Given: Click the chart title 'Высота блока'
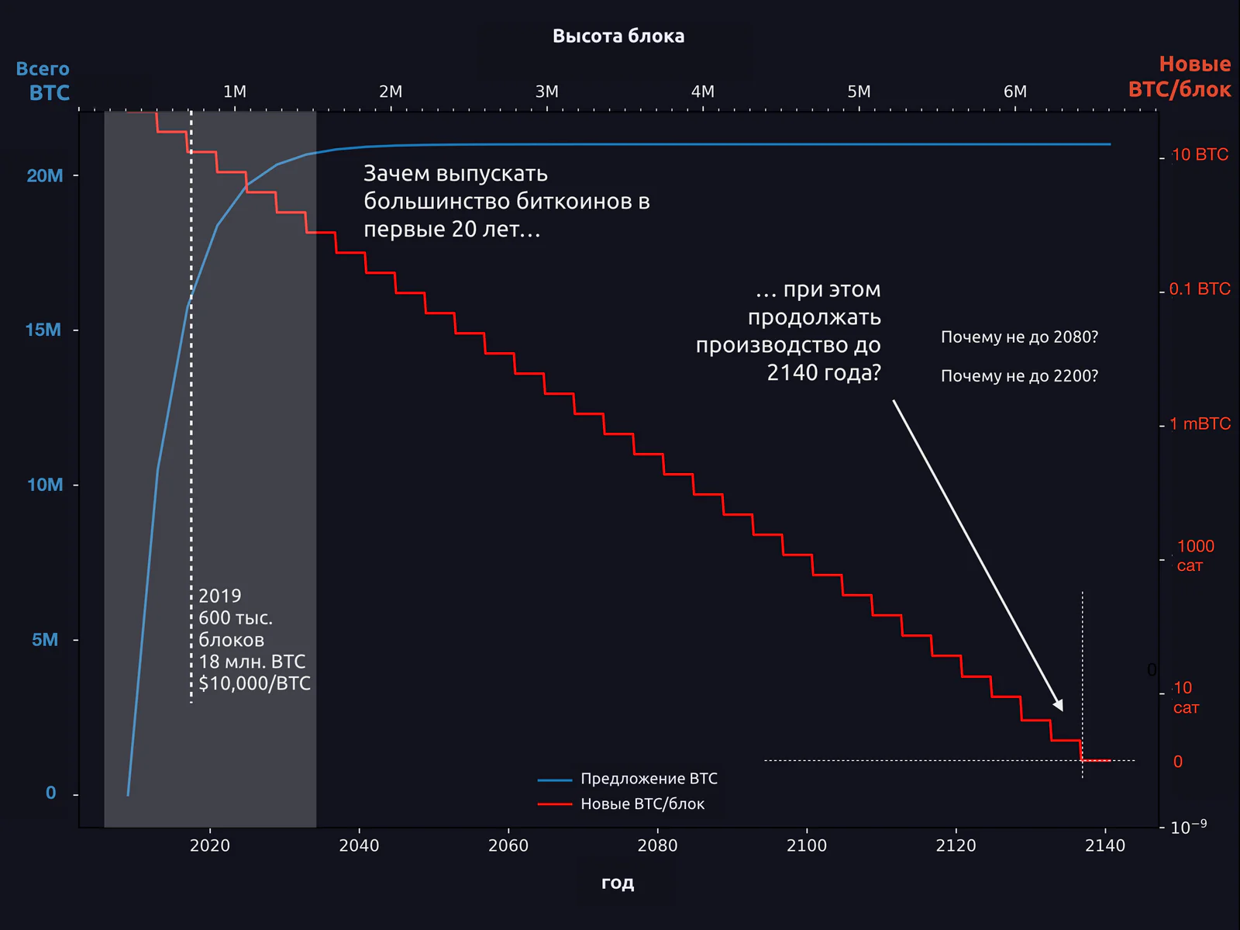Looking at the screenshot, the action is click(618, 36).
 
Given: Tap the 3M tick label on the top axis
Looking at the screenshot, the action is click(546, 92).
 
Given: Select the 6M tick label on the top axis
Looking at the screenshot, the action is click(1014, 92).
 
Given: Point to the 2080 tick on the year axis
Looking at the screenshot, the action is click(657, 845).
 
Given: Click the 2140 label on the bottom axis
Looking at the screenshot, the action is click(1105, 845).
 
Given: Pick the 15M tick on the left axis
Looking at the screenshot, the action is click(43, 330).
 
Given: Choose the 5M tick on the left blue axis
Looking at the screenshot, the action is click(45, 639).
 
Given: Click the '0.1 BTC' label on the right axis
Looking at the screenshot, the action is click(1200, 289).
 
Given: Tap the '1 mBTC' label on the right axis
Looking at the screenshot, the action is click(1200, 424).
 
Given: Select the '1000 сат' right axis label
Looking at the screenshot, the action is click(1195, 555).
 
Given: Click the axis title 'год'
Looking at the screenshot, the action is click(618, 883).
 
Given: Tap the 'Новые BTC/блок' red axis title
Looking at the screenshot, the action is click(1180, 77).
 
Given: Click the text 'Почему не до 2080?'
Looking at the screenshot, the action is click(1019, 337).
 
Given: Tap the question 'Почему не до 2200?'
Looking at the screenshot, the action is click(1019, 376).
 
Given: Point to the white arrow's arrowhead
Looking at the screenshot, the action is click(1059, 704).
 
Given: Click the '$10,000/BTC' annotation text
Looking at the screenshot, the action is click(254, 683).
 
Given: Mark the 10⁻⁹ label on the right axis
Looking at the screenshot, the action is click(1188, 827).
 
